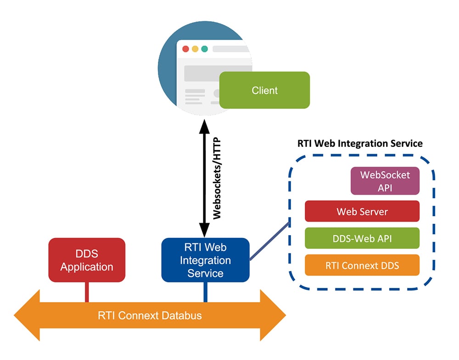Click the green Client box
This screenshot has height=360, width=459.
pos(264,90)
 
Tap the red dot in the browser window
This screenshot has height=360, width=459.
pos(185,49)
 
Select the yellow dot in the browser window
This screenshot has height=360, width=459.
pos(195,49)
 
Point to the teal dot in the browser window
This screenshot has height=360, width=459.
pos(205,49)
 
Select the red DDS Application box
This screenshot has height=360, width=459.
pos(87,260)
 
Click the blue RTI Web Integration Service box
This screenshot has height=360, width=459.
pos(205,260)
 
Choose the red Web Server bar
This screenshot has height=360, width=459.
pos(362,211)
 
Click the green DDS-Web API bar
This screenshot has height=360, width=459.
pos(362,238)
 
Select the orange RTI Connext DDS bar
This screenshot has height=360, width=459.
pos(362,265)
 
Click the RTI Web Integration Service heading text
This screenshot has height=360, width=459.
pos(360,143)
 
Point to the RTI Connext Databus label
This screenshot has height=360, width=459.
pos(150,315)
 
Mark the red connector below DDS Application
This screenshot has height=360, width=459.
pos(87,292)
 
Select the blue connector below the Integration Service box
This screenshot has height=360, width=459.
pos(205,292)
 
